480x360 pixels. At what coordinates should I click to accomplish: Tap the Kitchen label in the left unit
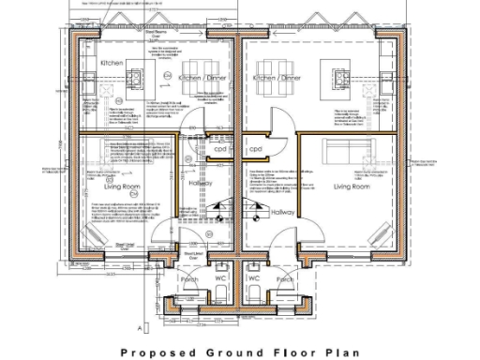(112, 63)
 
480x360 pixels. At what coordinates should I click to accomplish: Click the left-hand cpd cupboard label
(220, 149)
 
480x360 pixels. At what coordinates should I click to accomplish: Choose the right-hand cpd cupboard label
(254, 149)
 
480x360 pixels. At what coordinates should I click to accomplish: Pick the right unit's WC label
(254, 277)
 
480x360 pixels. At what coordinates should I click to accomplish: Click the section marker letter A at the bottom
(139, 329)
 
